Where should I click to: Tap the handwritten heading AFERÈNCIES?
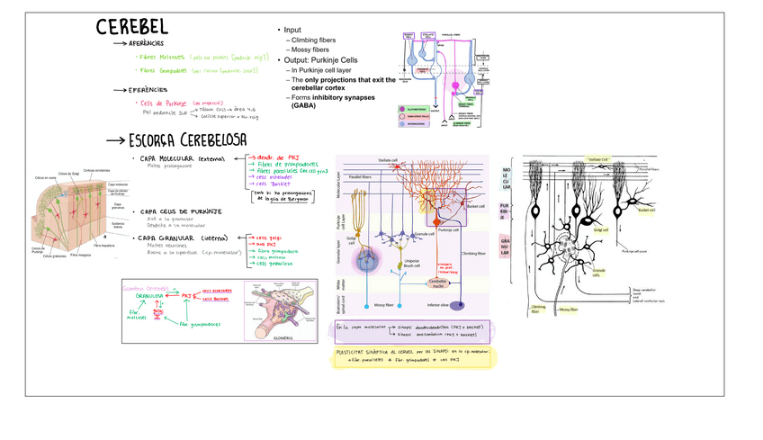pos(144,43)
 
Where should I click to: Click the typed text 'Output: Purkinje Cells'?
pos(328,59)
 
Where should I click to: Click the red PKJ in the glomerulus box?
pos(186,294)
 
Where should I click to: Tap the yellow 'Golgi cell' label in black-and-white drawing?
pos(598,229)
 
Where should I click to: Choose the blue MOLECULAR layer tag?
pos(507,175)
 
